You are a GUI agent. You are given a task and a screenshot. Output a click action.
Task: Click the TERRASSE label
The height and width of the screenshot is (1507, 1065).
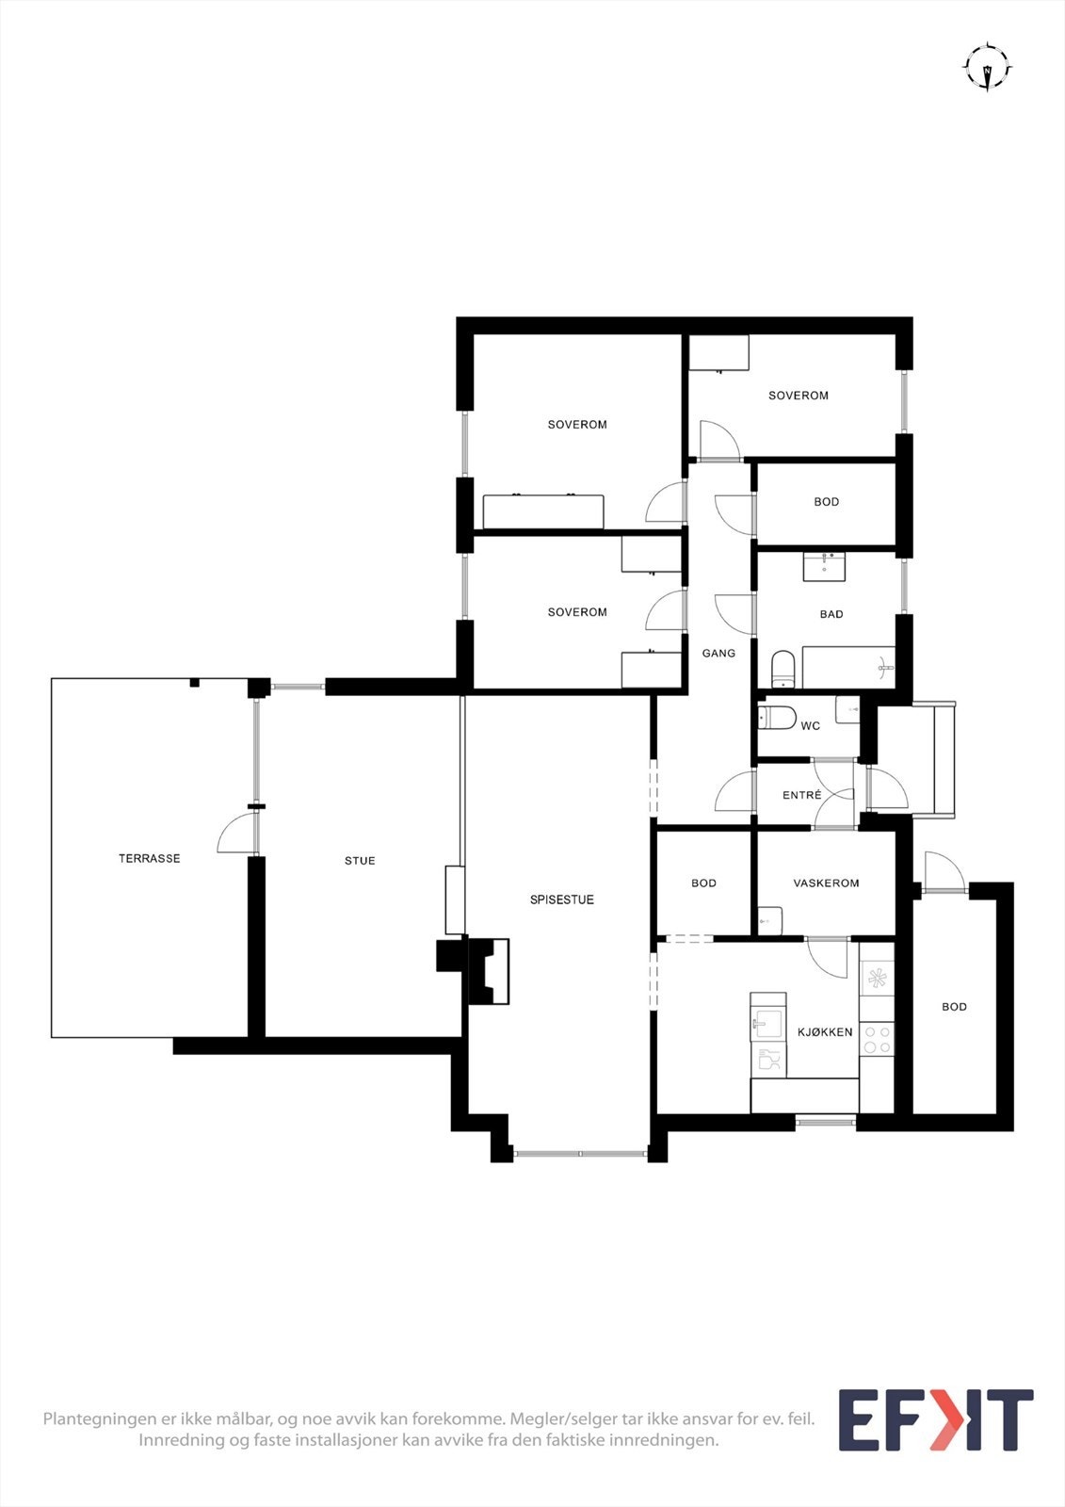[149, 858]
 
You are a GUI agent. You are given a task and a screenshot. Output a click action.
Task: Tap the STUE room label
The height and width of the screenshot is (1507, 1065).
[360, 860]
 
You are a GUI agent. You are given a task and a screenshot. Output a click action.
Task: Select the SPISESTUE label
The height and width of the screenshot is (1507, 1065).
[561, 899]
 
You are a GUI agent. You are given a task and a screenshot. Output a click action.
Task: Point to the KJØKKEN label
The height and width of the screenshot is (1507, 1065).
[825, 1031]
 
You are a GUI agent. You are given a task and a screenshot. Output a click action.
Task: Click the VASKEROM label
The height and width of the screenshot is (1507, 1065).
[826, 883]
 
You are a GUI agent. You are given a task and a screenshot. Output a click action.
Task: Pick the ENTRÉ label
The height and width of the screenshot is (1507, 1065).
[801, 795]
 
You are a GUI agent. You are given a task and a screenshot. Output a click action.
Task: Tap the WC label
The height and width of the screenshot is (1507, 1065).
[810, 726]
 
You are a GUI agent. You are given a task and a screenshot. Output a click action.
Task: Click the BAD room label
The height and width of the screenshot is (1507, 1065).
[831, 614]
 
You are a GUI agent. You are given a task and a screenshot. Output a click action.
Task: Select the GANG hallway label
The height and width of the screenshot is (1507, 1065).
[718, 653]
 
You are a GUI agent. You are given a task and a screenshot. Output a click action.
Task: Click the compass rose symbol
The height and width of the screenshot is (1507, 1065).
[987, 67]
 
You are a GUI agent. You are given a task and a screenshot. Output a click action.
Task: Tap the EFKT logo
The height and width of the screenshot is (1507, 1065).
[935, 1419]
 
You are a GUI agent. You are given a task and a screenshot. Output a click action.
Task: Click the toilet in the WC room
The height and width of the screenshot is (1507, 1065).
[778, 718]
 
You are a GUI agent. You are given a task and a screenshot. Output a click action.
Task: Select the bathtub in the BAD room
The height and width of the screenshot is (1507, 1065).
[847, 668]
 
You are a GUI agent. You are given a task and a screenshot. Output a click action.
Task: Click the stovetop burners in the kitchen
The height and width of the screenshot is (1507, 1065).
[878, 1039]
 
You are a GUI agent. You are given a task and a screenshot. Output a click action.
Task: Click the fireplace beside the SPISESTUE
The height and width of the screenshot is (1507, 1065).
[489, 971]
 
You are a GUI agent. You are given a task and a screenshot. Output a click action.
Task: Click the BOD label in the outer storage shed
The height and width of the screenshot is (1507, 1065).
[954, 1007]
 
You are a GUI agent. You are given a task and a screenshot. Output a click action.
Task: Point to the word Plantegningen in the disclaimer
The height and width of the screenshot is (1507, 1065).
[100, 1418]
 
